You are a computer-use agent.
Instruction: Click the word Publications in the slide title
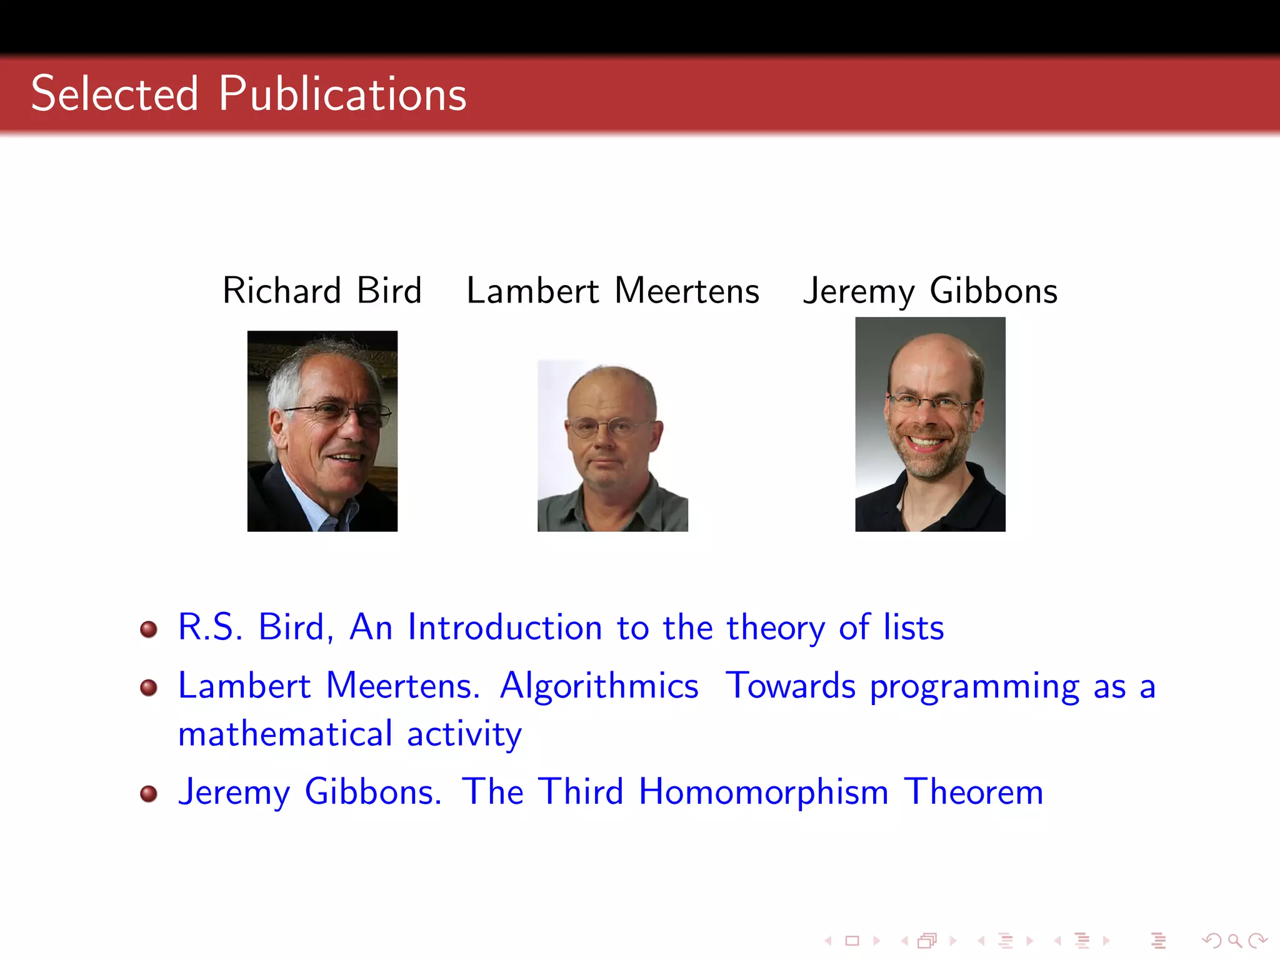(342, 95)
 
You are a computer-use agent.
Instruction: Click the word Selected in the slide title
(115, 95)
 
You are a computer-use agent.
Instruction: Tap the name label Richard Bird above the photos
(322, 291)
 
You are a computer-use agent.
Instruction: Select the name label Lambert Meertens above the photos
(612, 291)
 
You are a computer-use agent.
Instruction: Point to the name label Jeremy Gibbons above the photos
(930, 291)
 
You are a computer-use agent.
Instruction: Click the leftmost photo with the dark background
(322, 431)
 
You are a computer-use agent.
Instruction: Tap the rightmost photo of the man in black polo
(930, 425)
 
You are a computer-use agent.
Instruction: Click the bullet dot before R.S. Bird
(149, 629)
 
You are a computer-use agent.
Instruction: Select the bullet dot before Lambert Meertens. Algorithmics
(149, 687)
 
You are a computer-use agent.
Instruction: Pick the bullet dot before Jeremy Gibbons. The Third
(149, 794)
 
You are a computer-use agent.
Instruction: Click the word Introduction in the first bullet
(504, 627)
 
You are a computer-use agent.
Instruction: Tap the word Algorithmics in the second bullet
(599, 686)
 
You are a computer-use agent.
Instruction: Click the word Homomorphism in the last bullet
(763, 792)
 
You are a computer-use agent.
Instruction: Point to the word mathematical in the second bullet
(285, 734)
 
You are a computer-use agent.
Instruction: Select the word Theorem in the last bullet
(973, 792)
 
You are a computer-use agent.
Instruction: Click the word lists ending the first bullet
(913, 627)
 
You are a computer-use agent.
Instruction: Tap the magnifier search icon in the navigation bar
(1234, 941)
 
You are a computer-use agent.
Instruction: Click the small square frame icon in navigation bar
(852, 941)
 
